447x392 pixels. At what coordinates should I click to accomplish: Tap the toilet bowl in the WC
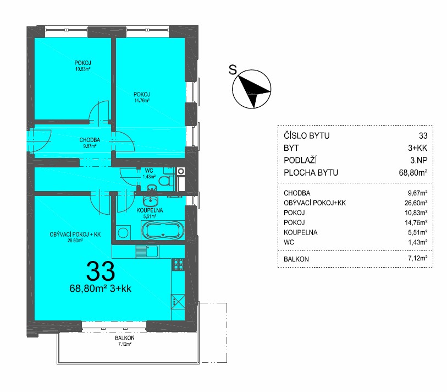click(166, 181)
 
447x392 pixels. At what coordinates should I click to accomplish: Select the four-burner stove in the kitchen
click(178, 265)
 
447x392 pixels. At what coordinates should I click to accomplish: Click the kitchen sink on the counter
click(147, 252)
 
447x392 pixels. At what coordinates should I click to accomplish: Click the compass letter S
click(233, 70)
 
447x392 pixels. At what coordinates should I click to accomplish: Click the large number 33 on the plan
click(101, 271)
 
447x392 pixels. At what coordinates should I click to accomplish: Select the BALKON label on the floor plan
click(125, 338)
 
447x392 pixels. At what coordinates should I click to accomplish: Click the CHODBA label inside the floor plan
click(90, 140)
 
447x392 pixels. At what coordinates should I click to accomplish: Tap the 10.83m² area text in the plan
click(82, 69)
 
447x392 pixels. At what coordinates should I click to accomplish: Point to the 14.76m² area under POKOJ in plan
click(142, 100)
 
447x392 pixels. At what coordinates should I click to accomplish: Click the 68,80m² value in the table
click(413, 172)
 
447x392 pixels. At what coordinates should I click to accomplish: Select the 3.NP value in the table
click(419, 160)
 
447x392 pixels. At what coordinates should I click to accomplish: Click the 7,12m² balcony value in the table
click(418, 258)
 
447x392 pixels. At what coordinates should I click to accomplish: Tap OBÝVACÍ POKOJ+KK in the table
click(314, 203)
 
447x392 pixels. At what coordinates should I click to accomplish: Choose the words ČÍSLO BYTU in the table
click(306, 135)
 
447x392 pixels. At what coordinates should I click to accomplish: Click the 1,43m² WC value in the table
click(418, 242)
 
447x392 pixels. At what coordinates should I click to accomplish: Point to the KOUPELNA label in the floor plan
click(150, 210)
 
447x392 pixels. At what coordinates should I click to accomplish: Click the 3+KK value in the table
click(418, 148)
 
